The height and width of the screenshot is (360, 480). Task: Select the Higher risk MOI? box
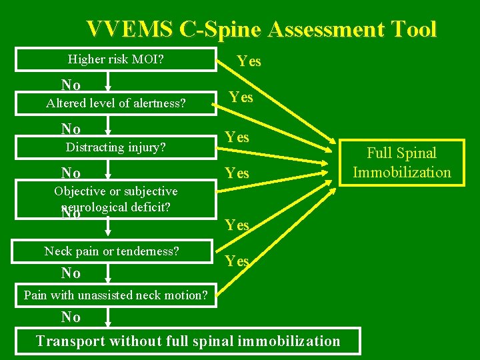tap(116, 60)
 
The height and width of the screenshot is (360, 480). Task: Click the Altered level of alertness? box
tap(116, 103)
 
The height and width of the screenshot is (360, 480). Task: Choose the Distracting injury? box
tap(116, 147)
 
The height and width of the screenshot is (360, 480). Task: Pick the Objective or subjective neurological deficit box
tap(116, 199)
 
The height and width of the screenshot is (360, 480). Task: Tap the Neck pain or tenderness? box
tap(112, 251)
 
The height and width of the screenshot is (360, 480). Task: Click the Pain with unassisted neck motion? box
tap(116, 295)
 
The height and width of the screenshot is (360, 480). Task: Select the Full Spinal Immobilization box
tap(401, 163)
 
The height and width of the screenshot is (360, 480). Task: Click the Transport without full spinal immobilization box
tap(188, 341)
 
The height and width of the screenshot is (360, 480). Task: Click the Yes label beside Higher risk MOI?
tap(249, 61)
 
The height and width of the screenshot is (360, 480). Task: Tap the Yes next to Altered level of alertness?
tap(241, 97)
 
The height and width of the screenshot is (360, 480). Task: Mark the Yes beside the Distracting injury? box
tap(237, 137)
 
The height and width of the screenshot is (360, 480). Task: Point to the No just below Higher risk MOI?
tap(71, 85)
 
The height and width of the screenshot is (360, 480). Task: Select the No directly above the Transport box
tap(71, 317)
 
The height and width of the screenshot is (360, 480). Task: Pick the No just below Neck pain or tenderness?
tap(71, 273)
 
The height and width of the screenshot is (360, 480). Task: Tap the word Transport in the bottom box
tap(69, 341)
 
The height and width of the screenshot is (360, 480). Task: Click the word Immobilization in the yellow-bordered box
tap(401, 172)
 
